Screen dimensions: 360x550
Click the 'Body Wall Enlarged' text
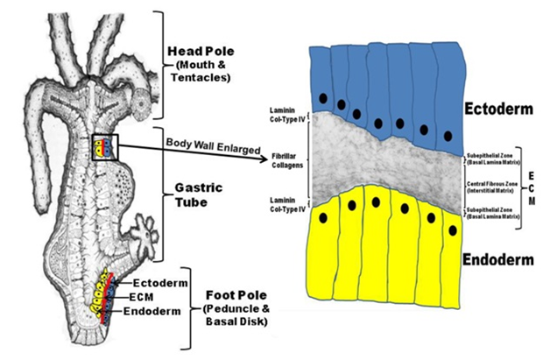pyautogui.click(x=207, y=141)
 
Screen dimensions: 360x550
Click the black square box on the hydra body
pyautogui.click(x=103, y=147)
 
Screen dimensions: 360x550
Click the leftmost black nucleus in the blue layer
pyautogui.click(x=324, y=97)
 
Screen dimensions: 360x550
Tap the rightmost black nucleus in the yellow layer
pyautogui.click(x=452, y=229)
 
